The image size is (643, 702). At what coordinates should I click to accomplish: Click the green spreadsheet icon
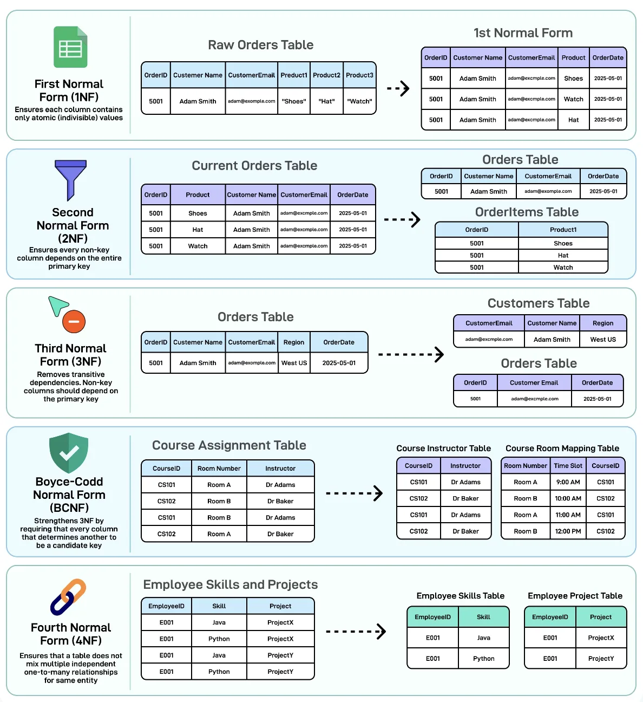pos(70,47)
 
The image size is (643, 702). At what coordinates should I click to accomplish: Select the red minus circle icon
pos(74,321)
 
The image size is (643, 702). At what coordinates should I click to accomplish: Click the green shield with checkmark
pos(69,453)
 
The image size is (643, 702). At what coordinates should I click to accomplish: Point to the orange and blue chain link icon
pos(68,597)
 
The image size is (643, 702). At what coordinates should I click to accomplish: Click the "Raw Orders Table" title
pos(260,45)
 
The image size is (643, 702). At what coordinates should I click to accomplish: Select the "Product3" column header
pos(359,75)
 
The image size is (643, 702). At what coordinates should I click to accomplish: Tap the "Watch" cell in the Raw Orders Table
pos(359,101)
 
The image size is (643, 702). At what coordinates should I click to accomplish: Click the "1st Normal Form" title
pos(523,33)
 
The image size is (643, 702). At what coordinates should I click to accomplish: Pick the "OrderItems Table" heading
pos(527,212)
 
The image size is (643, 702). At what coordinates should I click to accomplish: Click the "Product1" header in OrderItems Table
pos(563,230)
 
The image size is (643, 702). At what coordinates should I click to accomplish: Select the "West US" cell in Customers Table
pos(603,340)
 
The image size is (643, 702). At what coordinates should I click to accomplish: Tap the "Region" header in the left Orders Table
pos(293,342)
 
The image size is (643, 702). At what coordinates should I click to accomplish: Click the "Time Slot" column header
pos(568,466)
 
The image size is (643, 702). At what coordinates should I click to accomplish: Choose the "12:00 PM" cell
pos(568,531)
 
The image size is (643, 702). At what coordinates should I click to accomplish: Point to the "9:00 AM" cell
pos(568,482)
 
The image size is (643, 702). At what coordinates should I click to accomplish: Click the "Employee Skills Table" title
pos(460,596)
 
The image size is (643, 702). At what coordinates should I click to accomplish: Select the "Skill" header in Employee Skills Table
pos(483,617)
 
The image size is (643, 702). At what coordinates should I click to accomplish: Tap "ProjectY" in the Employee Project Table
pos(601,659)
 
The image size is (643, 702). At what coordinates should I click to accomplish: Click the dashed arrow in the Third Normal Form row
pos(411,354)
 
